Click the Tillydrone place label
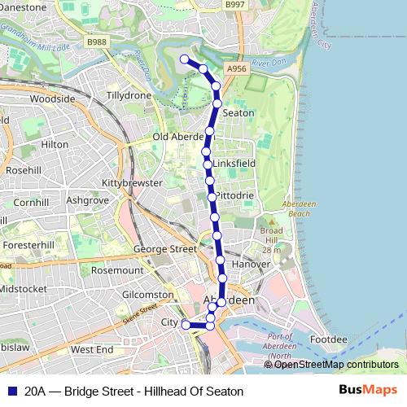(x=129, y=95)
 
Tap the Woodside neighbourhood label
(x=52, y=99)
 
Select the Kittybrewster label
(x=132, y=183)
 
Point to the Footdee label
(x=329, y=338)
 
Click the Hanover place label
(x=250, y=265)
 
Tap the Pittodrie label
(x=235, y=196)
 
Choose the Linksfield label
(x=234, y=164)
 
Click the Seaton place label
(x=238, y=113)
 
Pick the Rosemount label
(x=116, y=269)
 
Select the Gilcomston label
(x=147, y=295)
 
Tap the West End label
(x=92, y=349)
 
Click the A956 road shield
(x=237, y=69)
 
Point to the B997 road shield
(x=234, y=5)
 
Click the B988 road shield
(x=96, y=42)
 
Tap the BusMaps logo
(x=369, y=390)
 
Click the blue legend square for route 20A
(x=12, y=391)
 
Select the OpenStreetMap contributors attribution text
(x=336, y=365)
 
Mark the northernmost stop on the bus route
(x=185, y=59)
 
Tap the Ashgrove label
(x=87, y=199)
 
